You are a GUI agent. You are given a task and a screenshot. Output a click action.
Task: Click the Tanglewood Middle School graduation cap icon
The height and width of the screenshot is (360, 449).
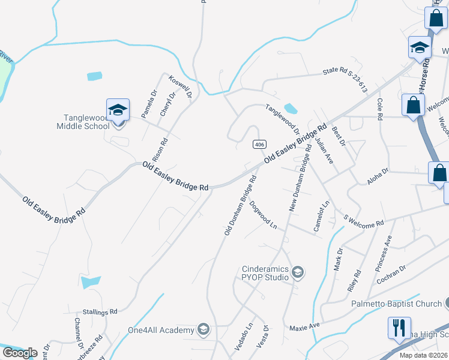(x=118, y=110)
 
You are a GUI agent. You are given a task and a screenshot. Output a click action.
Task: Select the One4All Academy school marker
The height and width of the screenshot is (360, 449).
(x=203, y=329)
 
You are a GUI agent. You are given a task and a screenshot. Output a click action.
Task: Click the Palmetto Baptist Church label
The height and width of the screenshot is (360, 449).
(x=396, y=304)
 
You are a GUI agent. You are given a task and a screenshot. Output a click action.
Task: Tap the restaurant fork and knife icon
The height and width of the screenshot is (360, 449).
(x=399, y=328)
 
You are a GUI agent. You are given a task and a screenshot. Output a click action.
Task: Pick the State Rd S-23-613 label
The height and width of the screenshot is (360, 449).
(x=345, y=79)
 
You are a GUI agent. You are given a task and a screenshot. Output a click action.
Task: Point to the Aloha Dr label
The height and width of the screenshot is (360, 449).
(x=378, y=172)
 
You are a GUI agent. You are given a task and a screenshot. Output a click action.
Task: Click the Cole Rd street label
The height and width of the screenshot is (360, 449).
(x=379, y=110)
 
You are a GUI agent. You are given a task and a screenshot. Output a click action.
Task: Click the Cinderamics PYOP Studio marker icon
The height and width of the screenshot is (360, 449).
(x=297, y=274)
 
